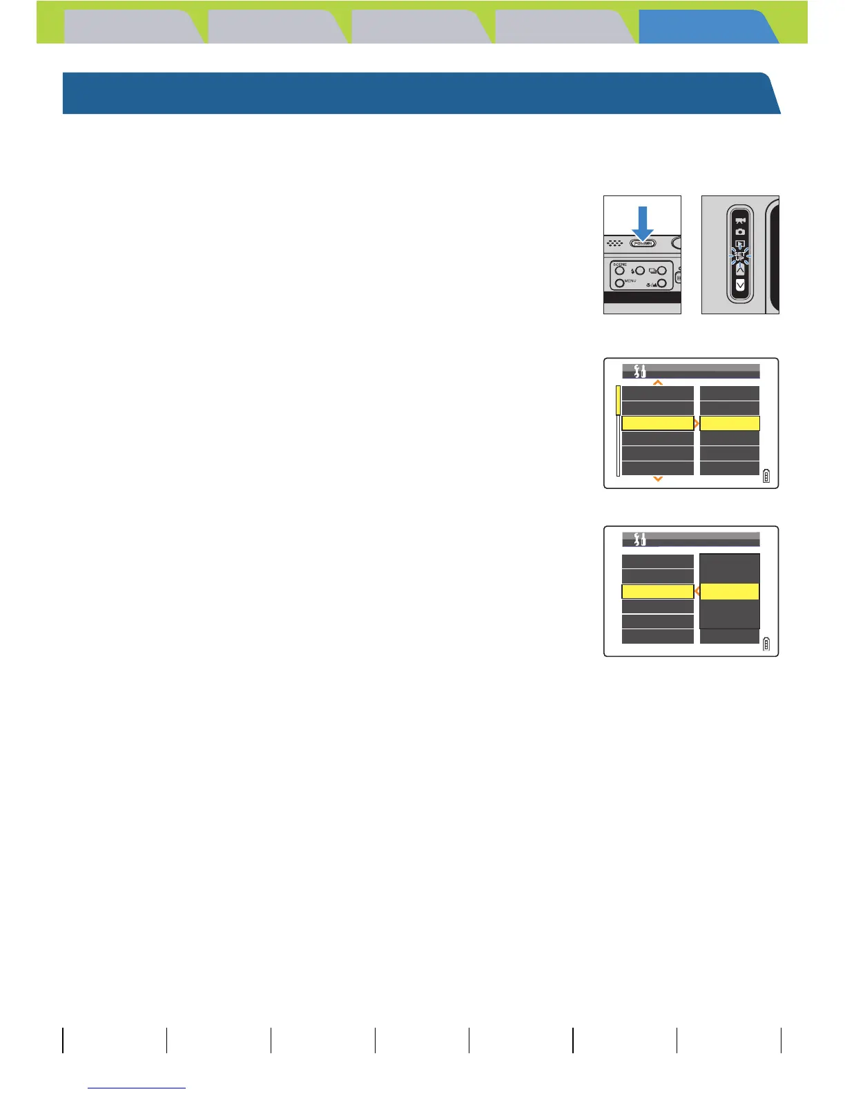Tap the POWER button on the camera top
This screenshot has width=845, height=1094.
click(643, 243)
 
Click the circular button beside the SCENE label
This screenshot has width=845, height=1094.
click(620, 271)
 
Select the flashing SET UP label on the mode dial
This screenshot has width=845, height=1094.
click(740, 256)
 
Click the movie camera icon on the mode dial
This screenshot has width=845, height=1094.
click(740, 221)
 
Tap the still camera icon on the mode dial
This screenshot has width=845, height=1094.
click(740, 231)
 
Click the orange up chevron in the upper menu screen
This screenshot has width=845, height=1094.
click(658, 382)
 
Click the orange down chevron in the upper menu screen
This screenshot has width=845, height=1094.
click(658, 479)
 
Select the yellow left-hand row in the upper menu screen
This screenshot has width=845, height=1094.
click(657, 423)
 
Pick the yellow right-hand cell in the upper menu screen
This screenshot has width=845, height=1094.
click(730, 423)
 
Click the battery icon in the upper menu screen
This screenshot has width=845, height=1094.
click(766, 476)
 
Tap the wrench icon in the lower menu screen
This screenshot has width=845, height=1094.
click(639, 539)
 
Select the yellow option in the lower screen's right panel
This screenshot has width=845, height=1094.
click(730, 591)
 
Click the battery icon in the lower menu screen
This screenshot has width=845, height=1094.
click(766, 644)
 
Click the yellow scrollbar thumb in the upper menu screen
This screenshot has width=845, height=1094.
click(618, 400)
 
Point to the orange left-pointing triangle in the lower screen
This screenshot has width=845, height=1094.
click(697, 591)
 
